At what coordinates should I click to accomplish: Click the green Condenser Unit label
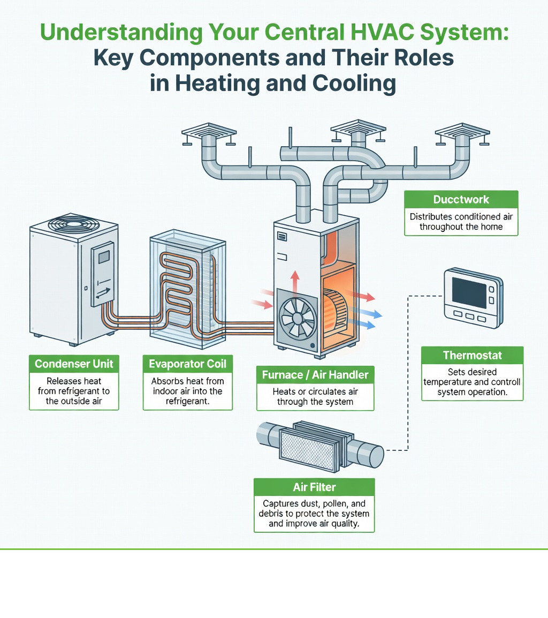tap(74, 364)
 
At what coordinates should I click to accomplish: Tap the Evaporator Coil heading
tap(188, 364)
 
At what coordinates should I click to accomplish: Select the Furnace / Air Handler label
tap(315, 375)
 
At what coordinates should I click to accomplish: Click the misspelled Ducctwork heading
tap(461, 200)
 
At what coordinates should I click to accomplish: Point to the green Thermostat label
tap(473, 356)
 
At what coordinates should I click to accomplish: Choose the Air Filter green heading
tap(314, 487)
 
